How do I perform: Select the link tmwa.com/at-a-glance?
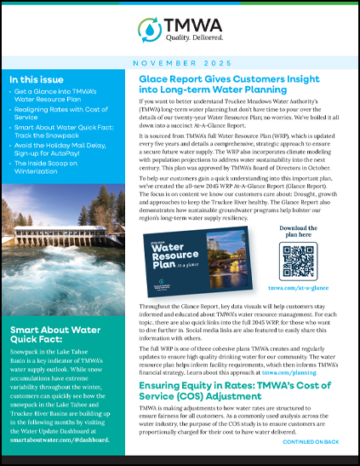click(298, 289)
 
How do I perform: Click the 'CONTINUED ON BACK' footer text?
click(311, 442)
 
